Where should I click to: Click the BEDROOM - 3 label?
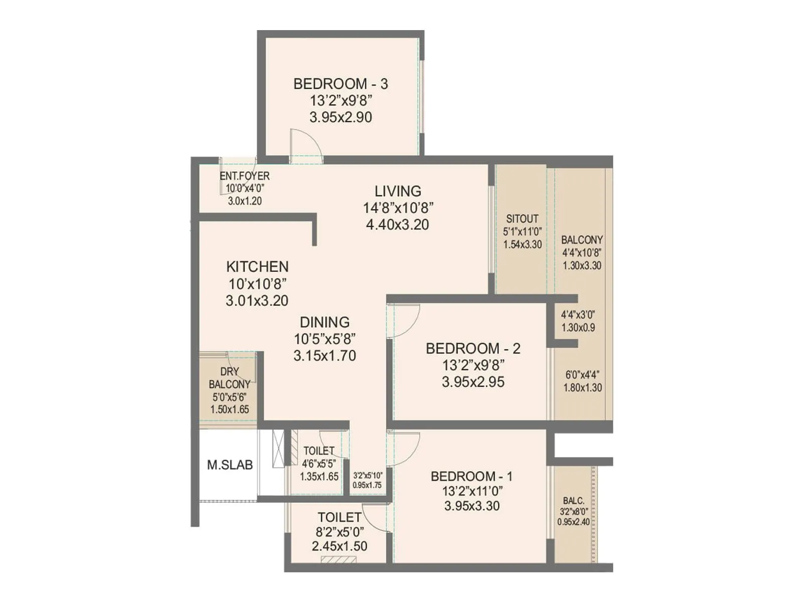[340, 84]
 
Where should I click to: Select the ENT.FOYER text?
[244, 176]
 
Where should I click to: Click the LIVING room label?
[398, 191]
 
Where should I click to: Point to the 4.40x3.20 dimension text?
[397, 225]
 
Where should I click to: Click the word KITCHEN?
[257, 266]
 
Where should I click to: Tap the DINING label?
[325, 322]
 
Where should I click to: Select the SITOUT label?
[522, 219]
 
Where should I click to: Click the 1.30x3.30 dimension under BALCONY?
[582, 266]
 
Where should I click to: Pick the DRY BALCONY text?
[229, 378]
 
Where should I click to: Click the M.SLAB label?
[230, 465]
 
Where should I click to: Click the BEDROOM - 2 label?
[473, 348]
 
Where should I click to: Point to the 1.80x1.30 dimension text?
[582, 388]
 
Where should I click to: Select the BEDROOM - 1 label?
[471, 476]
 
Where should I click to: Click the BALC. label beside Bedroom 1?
[573, 501]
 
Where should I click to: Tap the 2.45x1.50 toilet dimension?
[339, 546]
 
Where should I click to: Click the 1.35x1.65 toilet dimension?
[319, 477]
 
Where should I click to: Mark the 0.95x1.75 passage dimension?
[367, 485]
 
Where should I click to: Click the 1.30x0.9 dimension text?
[578, 328]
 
